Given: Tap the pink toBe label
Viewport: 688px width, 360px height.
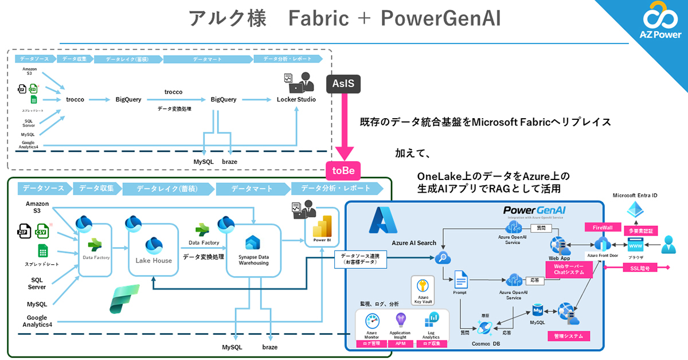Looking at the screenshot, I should [343, 170].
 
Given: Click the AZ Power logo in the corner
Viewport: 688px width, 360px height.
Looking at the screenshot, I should [660, 25].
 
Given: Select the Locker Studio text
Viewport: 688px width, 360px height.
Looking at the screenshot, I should [296, 100].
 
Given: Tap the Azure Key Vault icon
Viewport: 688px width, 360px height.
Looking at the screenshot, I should [422, 286].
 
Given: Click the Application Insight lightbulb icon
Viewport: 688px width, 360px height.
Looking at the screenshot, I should [400, 320].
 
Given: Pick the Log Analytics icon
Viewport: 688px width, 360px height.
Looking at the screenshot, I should [431, 320].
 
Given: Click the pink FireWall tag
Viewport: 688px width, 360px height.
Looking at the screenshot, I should [599, 227].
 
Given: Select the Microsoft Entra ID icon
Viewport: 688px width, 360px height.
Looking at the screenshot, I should [635, 209].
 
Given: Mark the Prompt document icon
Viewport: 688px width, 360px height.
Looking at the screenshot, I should [461, 281].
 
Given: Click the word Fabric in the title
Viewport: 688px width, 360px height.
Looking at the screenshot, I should [318, 19].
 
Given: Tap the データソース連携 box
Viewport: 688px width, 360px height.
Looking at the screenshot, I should [360, 260].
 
